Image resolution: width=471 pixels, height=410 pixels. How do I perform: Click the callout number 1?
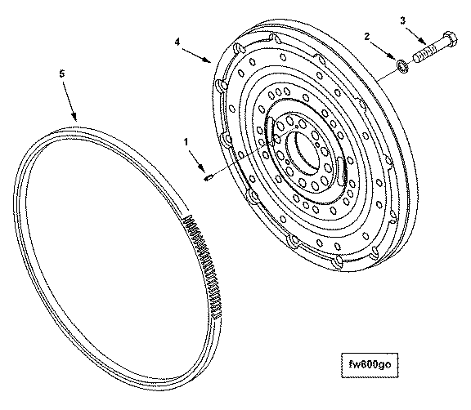point(186,141)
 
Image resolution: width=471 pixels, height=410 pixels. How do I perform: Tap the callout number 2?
point(367,37)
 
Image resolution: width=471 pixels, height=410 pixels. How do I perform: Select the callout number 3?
point(402,20)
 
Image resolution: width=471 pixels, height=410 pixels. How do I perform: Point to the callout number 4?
point(177,42)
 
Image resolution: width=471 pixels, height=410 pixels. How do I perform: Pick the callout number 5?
point(62,74)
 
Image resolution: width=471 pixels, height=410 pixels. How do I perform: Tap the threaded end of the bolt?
point(424,55)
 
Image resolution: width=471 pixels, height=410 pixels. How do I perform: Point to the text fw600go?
point(370,364)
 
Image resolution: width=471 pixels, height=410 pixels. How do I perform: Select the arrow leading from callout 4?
point(196,55)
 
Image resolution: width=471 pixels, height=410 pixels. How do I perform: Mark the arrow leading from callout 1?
point(197,161)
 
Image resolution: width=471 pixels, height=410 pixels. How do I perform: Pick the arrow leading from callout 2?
point(383,50)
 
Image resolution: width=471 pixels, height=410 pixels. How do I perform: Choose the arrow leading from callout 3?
point(415,36)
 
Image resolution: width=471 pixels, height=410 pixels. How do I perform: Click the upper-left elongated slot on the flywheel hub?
point(270,131)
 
